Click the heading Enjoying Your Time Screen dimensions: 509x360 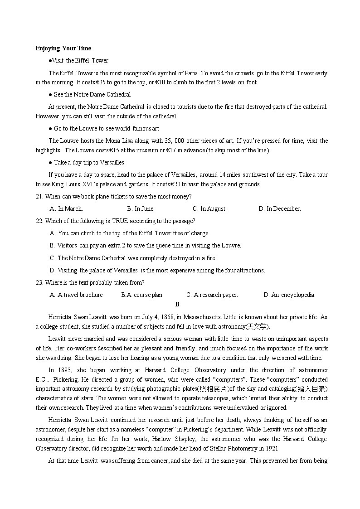[63, 48]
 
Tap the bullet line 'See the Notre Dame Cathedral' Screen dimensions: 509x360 [92, 94]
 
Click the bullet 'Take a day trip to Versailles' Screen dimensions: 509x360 [89, 162]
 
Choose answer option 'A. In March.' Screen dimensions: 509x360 [66, 208]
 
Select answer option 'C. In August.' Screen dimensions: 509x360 [209, 208]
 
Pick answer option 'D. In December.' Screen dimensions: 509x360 [279, 208]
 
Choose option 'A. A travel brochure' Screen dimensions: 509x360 [76, 295]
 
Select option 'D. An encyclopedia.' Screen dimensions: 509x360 [289, 295]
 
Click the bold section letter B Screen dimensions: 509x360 [177, 304]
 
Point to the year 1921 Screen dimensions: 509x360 [272, 448]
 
